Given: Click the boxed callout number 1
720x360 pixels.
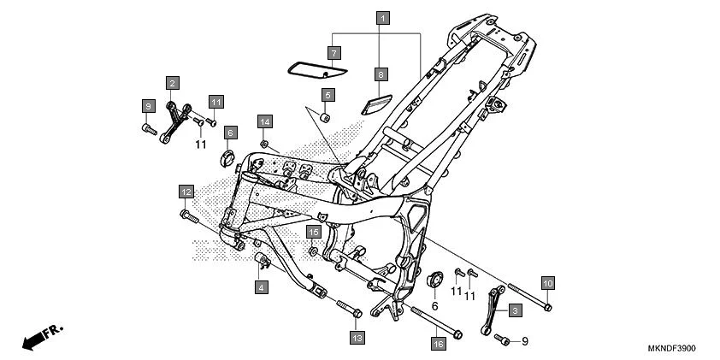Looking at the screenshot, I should point(383,17).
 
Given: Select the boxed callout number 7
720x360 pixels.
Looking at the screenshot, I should point(334,52).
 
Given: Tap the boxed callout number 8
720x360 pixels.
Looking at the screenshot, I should point(381,74).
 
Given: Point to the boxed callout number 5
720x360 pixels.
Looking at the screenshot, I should point(328,93).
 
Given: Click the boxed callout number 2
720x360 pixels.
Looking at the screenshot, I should point(173,83).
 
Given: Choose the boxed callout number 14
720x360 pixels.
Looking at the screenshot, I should point(265,121).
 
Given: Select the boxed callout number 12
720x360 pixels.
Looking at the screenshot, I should point(186,191).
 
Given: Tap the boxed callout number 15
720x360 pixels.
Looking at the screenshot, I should point(314,232).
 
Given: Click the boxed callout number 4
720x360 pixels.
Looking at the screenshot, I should point(260,288).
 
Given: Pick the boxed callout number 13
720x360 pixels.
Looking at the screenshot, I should point(357,339).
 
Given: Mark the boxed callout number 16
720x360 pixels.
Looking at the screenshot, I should point(439,344).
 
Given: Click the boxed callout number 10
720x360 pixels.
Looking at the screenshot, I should point(547,282).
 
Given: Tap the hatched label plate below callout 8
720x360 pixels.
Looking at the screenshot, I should point(375,104).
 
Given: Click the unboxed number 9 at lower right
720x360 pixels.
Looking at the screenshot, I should point(525,341).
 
